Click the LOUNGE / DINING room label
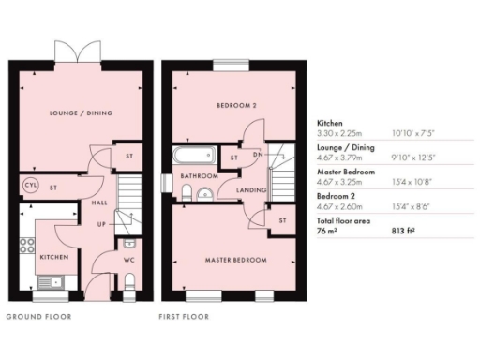pos(82,113)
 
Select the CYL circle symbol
pos(29,186)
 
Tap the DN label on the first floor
pos(257,155)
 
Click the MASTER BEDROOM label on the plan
pos(236,260)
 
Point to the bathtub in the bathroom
pos(194,156)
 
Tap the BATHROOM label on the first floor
pos(199,175)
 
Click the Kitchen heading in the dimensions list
pos(329,122)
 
